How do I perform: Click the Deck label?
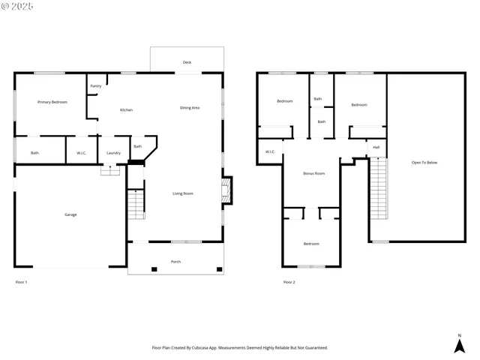187,62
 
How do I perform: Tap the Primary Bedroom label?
52,101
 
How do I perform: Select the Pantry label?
96,86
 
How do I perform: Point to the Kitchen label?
127,110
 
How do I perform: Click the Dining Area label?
190,108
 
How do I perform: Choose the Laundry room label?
113,153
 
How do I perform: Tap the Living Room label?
183,193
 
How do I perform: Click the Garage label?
70,214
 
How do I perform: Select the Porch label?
175,262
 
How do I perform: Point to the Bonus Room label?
313,173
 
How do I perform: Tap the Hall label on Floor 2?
376,147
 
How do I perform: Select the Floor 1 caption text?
21,282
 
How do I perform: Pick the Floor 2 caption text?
289,282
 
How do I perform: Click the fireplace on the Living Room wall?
227,188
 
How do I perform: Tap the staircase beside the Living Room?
135,203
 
